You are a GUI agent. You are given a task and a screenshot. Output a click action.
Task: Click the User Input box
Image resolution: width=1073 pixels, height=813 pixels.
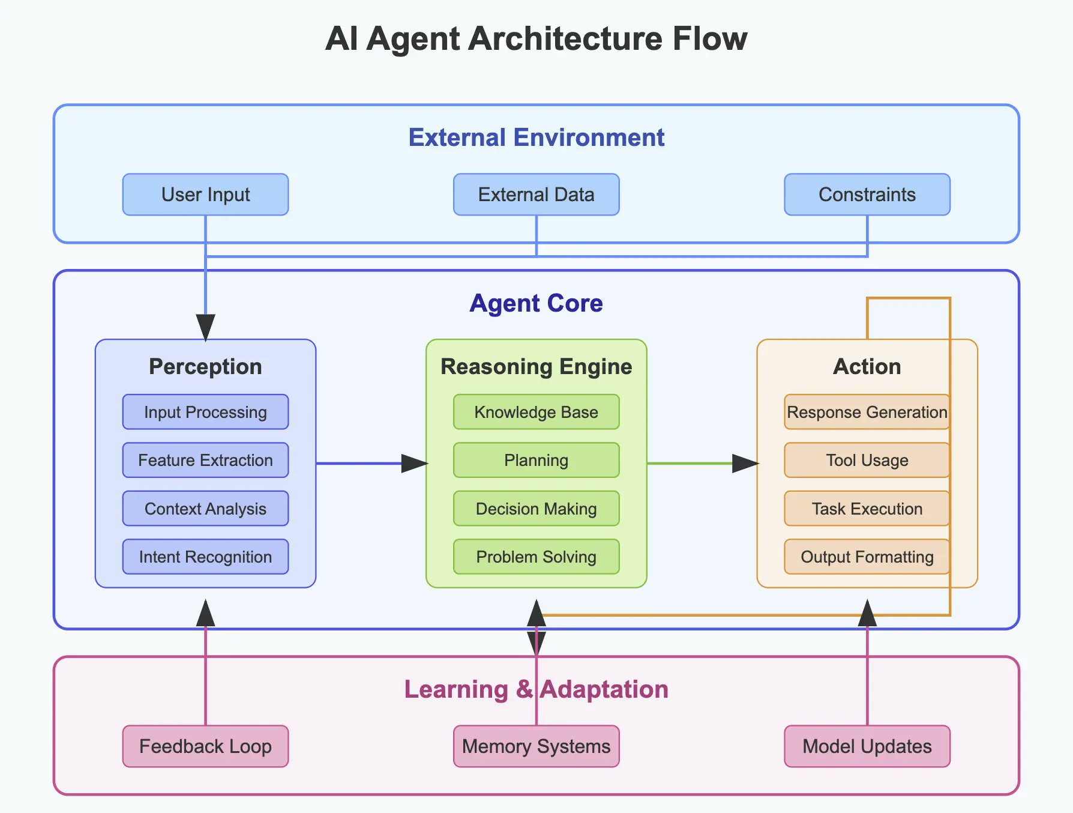pyautogui.click(x=205, y=195)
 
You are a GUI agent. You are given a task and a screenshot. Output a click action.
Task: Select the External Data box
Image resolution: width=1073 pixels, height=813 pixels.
pyautogui.click(x=536, y=195)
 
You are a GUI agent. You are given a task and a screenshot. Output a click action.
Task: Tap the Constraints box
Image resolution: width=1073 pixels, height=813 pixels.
pyautogui.click(x=867, y=195)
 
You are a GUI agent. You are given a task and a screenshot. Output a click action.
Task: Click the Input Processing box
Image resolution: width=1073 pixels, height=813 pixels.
pyautogui.click(x=205, y=412)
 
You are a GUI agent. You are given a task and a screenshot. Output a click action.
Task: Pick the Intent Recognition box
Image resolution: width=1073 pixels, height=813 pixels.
pyautogui.click(x=205, y=557)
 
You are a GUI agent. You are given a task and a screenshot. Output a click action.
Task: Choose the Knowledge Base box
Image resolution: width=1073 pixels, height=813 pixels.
pyautogui.click(x=536, y=412)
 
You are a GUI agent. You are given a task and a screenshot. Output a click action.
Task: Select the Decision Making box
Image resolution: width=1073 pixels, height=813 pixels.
pyautogui.click(x=536, y=509)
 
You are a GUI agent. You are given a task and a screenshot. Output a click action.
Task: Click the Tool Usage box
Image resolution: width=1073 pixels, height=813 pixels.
pyautogui.click(x=867, y=461)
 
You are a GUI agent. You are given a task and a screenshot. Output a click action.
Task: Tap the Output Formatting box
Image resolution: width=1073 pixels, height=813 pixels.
pyautogui.click(x=867, y=557)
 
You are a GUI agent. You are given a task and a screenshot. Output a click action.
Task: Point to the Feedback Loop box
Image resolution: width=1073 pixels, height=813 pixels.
pyautogui.click(x=205, y=746)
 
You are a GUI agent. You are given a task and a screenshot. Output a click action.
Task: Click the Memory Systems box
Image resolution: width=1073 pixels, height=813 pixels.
pyautogui.click(x=536, y=746)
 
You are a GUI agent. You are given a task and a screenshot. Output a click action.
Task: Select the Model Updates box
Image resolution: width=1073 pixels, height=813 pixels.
pyautogui.click(x=867, y=746)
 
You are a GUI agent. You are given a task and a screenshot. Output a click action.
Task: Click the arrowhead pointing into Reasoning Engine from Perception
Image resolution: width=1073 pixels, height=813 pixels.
pyautogui.click(x=415, y=464)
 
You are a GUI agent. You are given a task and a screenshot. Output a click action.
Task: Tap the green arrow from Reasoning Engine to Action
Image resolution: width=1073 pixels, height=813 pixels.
pyautogui.click(x=690, y=464)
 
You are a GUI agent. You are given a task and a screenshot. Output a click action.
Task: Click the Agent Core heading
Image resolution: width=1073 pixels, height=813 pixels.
pyautogui.click(x=536, y=303)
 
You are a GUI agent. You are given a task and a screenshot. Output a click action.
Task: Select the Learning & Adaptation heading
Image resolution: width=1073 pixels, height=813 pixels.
pyautogui.click(x=536, y=689)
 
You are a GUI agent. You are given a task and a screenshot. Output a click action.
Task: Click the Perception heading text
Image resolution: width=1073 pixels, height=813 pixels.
pyautogui.click(x=205, y=366)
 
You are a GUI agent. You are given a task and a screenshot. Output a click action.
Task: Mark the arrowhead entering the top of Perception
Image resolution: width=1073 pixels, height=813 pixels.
pyautogui.click(x=205, y=327)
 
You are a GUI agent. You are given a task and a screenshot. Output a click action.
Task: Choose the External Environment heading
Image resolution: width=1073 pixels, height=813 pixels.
pyautogui.click(x=536, y=138)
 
